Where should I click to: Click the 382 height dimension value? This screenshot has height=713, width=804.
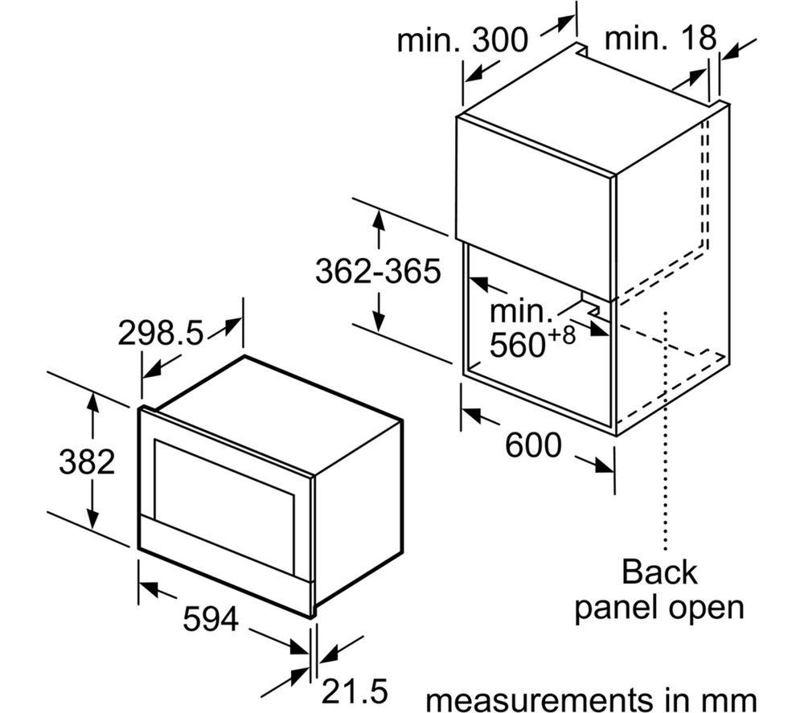coord(87,461)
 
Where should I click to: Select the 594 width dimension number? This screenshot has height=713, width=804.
coord(211,619)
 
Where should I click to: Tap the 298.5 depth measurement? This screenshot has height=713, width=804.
coord(161,333)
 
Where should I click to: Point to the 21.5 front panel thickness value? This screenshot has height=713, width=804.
coord(355,691)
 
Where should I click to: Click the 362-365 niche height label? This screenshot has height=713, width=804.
coord(378,271)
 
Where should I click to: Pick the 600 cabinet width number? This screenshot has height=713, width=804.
coord(533,445)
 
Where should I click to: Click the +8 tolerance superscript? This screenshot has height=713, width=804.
coord(560,335)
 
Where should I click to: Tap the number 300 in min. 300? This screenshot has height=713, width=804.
coord(499,39)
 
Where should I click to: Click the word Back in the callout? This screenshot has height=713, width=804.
coord(659,572)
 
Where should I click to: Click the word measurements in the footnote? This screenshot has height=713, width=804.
coord(535,699)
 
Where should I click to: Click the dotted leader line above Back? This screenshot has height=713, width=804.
coord(666,431)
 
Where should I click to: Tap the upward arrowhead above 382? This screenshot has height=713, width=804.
coord(92,401)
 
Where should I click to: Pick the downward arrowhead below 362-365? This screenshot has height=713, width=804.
coord(379,322)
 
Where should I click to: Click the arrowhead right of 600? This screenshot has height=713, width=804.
coord(604,465)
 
